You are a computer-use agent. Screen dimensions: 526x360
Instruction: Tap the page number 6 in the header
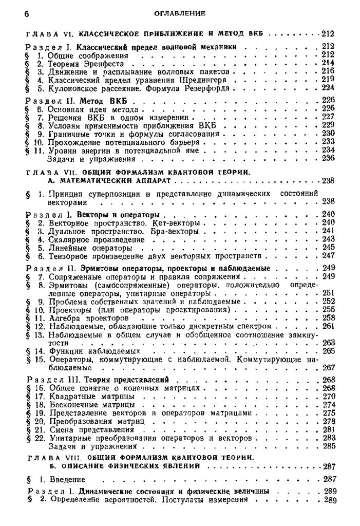click(26, 13)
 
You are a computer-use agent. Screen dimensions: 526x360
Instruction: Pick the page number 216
click(327, 71)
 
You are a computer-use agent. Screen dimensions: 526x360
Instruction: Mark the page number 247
click(327, 255)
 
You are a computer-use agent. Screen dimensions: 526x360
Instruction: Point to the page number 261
click(327, 326)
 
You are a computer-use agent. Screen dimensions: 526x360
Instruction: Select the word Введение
click(67, 479)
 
